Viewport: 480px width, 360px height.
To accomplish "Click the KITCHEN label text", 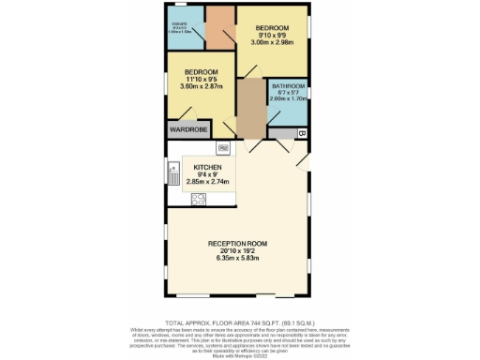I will tap(207, 167).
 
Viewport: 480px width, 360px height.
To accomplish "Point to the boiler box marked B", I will tap(302, 134).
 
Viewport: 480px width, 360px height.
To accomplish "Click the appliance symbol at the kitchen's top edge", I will tap(223, 148).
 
